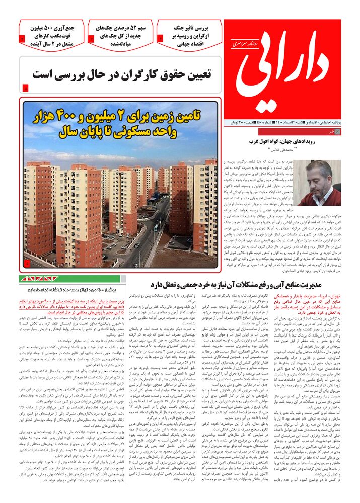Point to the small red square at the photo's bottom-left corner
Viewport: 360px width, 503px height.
coord(27,263)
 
